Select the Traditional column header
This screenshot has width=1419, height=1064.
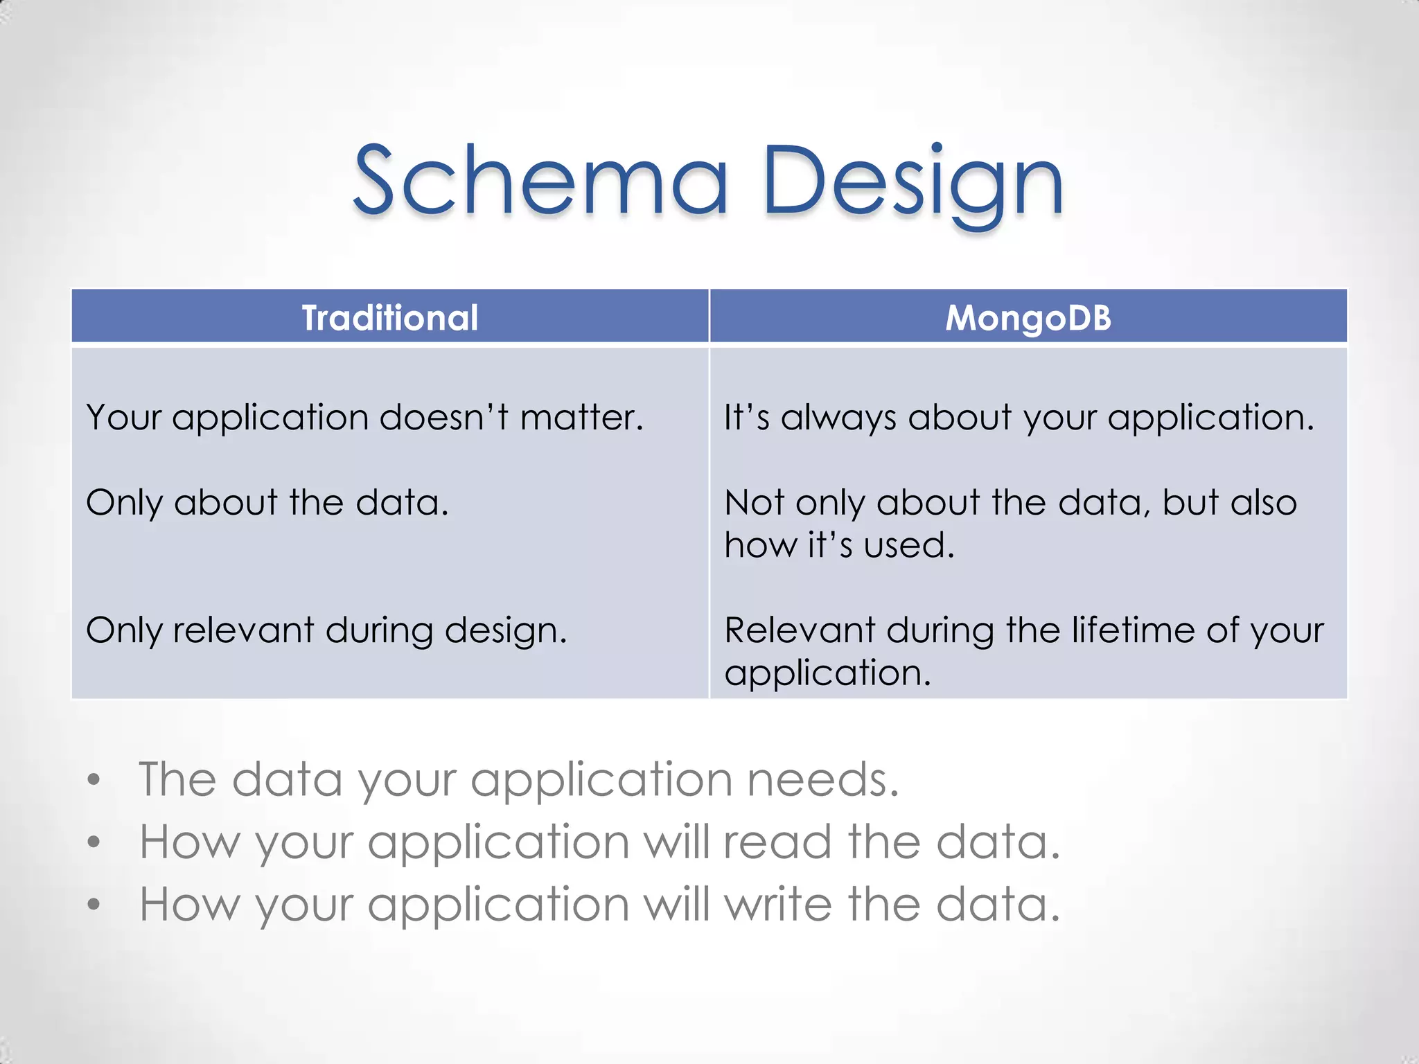(x=390, y=318)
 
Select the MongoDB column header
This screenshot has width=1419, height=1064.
(x=1028, y=318)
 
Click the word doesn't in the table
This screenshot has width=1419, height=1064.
(x=443, y=418)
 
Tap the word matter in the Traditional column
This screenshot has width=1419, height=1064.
(x=581, y=418)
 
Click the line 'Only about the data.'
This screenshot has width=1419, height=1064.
(x=267, y=503)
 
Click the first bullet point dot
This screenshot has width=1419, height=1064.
(x=94, y=780)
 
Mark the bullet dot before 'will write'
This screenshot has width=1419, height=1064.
(x=94, y=905)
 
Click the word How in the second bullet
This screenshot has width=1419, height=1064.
(x=188, y=842)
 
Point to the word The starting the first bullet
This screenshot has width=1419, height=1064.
(x=177, y=780)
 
